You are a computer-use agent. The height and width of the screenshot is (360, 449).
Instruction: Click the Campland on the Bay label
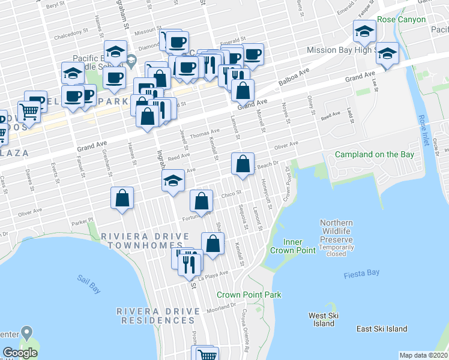click(375, 154)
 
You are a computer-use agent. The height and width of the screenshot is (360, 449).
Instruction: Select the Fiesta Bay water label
click(361, 275)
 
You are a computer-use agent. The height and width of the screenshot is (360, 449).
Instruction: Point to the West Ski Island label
click(324, 320)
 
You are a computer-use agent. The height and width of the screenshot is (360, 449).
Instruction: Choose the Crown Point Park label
click(249, 295)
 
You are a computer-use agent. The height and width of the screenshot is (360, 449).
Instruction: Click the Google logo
click(20, 352)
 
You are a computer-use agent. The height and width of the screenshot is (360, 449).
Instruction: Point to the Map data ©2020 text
click(423, 355)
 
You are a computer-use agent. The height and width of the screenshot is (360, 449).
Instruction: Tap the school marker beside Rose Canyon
click(364, 31)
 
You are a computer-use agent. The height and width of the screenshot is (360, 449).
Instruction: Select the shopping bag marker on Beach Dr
click(242, 164)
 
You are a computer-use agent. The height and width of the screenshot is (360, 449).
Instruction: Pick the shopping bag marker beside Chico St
click(202, 200)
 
